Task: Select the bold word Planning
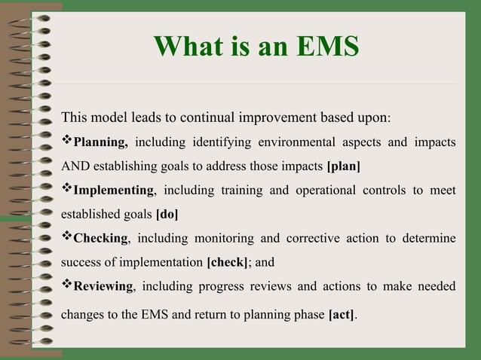101,142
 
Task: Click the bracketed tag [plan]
343,166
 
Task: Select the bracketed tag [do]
167,214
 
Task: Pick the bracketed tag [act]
342,311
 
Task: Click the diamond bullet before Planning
66,142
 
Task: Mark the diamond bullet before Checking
66,238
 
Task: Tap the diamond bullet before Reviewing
66,285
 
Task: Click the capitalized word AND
74,166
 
